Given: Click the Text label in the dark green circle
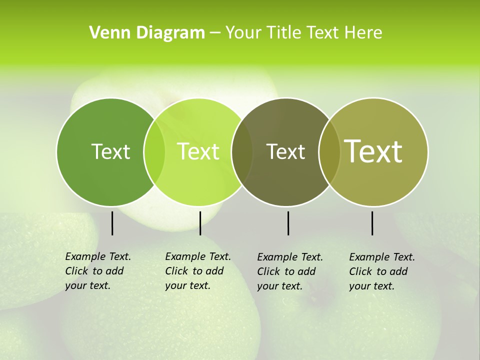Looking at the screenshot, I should click(110, 151).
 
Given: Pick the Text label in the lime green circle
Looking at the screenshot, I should click(198, 151).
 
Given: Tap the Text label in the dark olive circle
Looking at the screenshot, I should click(285, 151).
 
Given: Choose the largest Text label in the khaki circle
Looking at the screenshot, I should click(373, 151).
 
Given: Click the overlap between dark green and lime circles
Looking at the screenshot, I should click(154, 152).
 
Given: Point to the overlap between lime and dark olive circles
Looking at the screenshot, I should click(242, 152).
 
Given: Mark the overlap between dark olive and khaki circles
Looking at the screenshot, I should click(329, 152).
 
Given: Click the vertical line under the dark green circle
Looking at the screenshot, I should click(112, 223).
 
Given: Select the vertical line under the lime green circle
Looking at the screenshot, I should click(200, 223).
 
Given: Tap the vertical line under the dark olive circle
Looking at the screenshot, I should click(288, 223).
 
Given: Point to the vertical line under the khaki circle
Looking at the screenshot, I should click(372, 223).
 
